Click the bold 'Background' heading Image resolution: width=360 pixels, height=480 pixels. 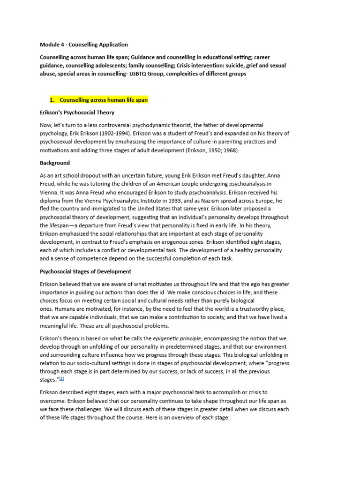tap(55, 163)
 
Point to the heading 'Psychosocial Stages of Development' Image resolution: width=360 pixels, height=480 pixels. tap(85, 271)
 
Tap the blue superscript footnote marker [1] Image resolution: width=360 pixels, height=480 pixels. tap(61, 379)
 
